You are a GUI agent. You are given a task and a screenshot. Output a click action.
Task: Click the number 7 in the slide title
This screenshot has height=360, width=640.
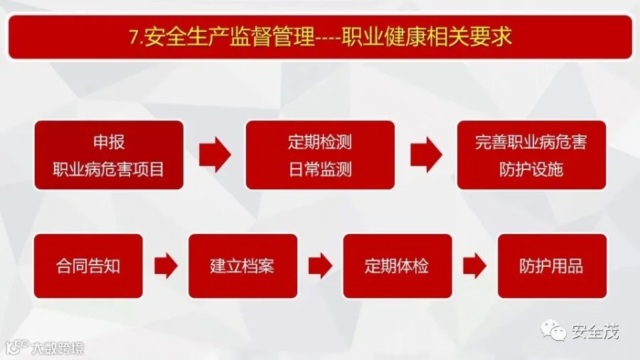click(x=134, y=37)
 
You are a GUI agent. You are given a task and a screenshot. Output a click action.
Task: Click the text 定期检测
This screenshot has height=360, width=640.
click(x=319, y=142)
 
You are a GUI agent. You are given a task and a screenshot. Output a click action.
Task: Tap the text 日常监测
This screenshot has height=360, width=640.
click(x=319, y=169)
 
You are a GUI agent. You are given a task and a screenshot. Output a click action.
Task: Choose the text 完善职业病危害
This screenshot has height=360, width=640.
click(x=530, y=142)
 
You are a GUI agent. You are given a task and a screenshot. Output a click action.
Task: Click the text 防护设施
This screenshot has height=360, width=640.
click(x=530, y=169)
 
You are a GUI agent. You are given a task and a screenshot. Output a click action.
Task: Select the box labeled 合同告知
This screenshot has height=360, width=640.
click(x=88, y=266)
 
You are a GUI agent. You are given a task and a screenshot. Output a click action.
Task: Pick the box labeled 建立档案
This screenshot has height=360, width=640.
click(x=242, y=266)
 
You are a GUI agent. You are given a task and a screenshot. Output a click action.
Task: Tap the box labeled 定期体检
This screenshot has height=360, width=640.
click(x=397, y=266)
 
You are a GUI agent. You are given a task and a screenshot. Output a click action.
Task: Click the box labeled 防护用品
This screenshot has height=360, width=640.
click(x=551, y=266)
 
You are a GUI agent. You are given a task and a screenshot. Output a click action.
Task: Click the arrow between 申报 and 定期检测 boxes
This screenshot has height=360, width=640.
click(x=215, y=155)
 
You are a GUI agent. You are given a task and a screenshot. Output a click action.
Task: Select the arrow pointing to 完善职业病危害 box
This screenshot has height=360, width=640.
click(x=426, y=155)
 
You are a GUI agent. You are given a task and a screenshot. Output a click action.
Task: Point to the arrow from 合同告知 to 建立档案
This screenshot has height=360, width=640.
click(x=166, y=266)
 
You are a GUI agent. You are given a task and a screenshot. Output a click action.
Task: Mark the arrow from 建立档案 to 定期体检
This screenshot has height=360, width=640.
click(x=320, y=266)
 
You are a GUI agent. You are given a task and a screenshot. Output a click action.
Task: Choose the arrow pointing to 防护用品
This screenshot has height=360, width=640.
click(x=474, y=266)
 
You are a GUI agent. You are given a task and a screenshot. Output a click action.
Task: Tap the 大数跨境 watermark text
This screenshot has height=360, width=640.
click(x=58, y=349)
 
